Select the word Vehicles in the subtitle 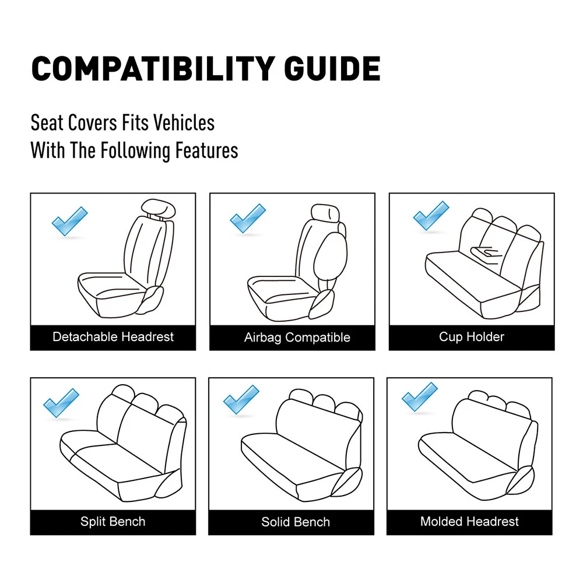pyautogui.click(x=184, y=122)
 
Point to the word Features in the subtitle pyautogui.click(x=207, y=150)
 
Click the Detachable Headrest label pyautogui.click(x=113, y=337)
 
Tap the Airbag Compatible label pyautogui.click(x=297, y=337)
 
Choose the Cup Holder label pyautogui.click(x=472, y=337)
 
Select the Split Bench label pyautogui.click(x=113, y=521)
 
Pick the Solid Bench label pyautogui.click(x=296, y=522)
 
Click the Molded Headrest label pyautogui.click(x=469, y=521)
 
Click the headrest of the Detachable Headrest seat pyautogui.click(x=158, y=209)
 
